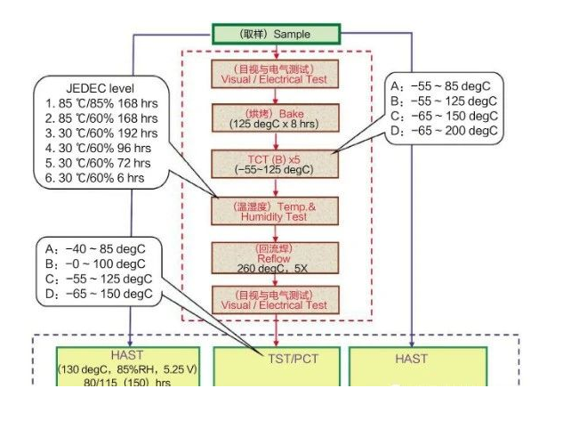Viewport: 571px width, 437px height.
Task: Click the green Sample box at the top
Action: [x=276, y=35]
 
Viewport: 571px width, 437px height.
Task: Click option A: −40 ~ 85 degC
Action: [x=98, y=249]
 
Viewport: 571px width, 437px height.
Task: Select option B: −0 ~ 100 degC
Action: [x=97, y=263]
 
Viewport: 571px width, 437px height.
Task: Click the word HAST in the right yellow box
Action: [x=411, y=359]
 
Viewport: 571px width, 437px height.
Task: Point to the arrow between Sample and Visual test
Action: [x=276, y=51]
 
